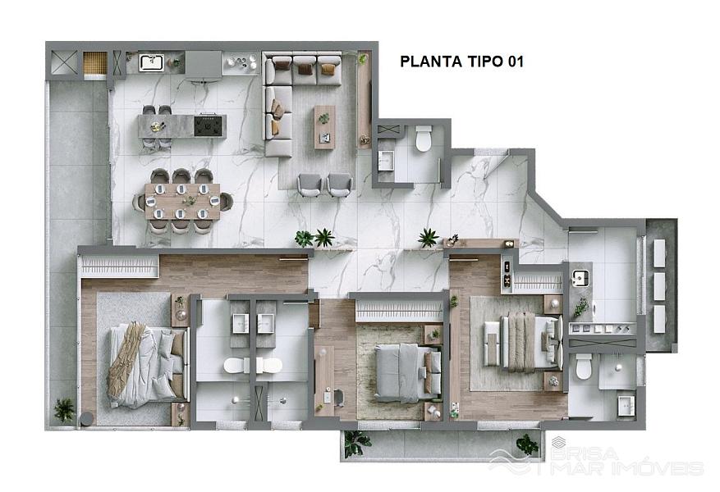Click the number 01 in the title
coord(516,61)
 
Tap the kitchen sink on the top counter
coord(152,63)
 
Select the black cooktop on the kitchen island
coord(209,126)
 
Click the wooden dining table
coord(182,202)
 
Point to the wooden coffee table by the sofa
coord(324,127)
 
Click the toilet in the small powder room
coord(424,139)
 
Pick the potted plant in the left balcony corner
coord(64,409)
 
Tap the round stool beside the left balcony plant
coord(87,419)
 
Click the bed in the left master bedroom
coord(148,365)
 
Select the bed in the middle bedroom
coord(408,372)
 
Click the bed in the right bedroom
coord(524,341)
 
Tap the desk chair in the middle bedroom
coord(338,398)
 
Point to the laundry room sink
coord(580,277)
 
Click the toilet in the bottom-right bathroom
coord(584,367)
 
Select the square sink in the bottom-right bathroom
coord(626,405)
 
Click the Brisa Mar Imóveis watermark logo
coord(597,456)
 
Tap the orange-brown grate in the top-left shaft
coord(94,62)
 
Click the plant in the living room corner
coord(363,59)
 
